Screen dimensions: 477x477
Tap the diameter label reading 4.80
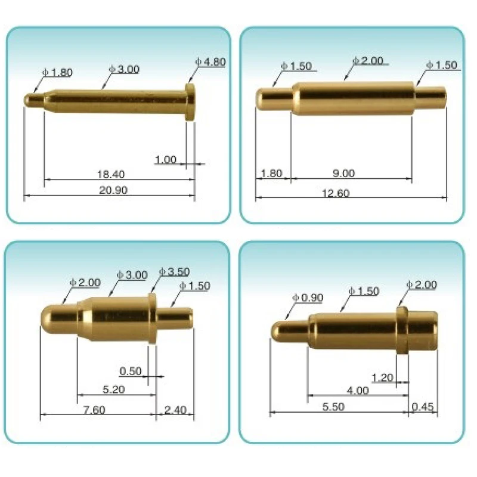(x=210, y=62)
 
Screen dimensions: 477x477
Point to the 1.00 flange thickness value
(x=165, y=159)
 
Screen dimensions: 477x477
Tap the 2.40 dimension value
(x=175, y=410)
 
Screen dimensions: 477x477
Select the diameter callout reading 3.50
(x=175, y=272)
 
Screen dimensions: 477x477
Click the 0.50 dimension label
(x=131, y=371)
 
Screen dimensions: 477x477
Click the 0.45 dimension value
(x=423, y=407)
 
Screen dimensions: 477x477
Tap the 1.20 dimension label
(x=382, y=377)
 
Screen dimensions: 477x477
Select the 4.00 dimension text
(x=358, y=391)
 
